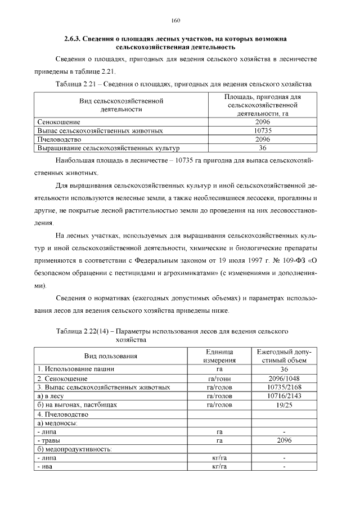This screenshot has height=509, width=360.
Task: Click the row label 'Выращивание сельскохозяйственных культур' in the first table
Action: [108, 148]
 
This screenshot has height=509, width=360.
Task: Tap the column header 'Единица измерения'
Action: [219, 355]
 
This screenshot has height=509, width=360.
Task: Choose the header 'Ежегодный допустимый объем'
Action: [283, 355]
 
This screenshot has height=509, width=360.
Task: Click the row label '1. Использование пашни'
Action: [75, 369]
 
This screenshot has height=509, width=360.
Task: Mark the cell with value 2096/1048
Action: [283, 379]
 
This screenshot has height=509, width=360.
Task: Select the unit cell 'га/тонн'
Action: [219, 379]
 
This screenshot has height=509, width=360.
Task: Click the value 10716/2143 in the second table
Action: [283, 396]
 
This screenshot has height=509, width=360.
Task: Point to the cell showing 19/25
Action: [283, 405]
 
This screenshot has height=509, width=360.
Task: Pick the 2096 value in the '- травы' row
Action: [283, 440]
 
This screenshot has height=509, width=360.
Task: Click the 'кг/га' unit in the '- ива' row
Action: [219, 467]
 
